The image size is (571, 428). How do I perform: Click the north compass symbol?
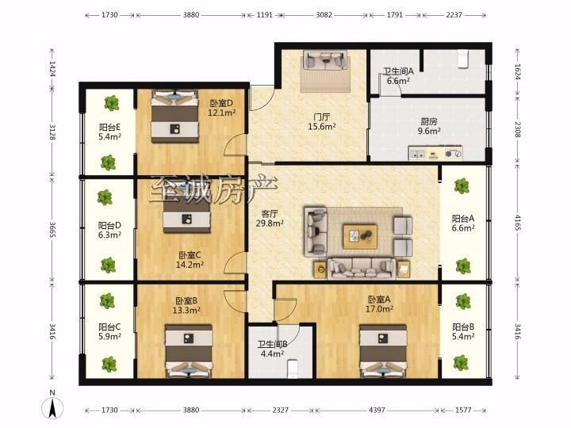point(53,405)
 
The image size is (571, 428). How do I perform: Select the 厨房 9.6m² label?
point(429,126)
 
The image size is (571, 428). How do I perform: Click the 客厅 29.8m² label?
point(270,219)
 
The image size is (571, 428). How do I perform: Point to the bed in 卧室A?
point(383,351)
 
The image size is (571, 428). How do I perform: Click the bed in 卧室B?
point(188,351)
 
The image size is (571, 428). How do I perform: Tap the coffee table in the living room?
point(360,236)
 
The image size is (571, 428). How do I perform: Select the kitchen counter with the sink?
point(435,153)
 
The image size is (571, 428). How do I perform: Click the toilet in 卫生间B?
point(293,369)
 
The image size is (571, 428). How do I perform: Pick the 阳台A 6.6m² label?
point(463,223)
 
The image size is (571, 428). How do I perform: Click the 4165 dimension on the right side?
point(517,223)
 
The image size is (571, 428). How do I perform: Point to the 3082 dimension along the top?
point(324,15)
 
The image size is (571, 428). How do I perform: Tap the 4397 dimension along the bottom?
point(377,411)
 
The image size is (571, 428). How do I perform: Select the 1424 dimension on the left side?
point(52,68)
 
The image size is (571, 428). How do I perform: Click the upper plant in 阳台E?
point(112,103)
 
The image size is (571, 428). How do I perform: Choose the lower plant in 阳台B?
point(461,363)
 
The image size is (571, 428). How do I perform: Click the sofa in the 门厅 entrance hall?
point(324,59)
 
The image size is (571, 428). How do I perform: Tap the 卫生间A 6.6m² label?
point(398,76)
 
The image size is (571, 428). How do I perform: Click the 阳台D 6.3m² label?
point(109,230)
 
